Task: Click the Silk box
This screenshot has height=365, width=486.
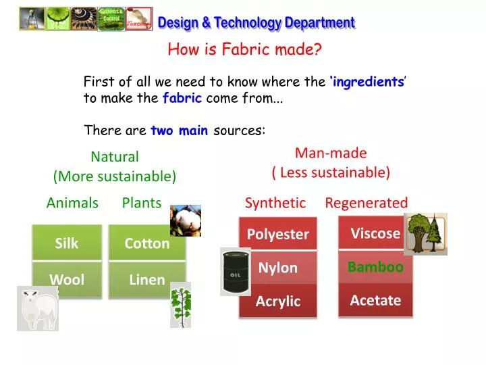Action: pyautogui.click(x=67, y=243)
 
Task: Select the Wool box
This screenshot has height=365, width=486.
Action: pyautogui.click(x=67, y=279)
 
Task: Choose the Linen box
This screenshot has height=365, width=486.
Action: pyautogui.click(x=146, y=279)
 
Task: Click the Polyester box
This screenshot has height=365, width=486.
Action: pyautogui.click(x=277, y=234)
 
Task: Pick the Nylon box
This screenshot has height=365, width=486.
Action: pyautogui.click(x=277, y=268)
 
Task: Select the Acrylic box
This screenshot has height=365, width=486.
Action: pyautogui.click(x=277, y=301)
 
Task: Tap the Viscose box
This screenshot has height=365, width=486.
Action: pyautogui.click(x=375, y=233)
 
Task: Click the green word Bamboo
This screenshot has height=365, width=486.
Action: pyautogui.click(x=375, y=267)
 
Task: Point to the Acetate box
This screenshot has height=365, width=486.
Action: pyautogui.click(x=375, y=300)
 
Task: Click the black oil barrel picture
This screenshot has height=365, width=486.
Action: pyautogui.click(x=236, y=271)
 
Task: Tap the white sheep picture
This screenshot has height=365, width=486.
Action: pyautogui.click(x=37, y=308)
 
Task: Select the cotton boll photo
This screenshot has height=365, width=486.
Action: pyautogui.click(x=185, y=220)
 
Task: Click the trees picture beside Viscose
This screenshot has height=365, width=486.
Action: pyautogui.click(x=425, y=234)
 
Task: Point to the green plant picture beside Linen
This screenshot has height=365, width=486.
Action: pyautogui.click(x=180, y=305)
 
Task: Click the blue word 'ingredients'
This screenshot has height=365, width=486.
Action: pyautogui.click(x=368, y=82)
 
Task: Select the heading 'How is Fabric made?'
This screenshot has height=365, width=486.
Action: pyautogui.click(x=244, y=49)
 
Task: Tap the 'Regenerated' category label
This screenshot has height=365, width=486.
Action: pyautogui.click(x=366, y=203)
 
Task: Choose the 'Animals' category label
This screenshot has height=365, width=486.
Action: pyautogui.click(x=72, y=203)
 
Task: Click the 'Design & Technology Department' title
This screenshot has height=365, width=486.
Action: pyautogui.click(x=256, y=22)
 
